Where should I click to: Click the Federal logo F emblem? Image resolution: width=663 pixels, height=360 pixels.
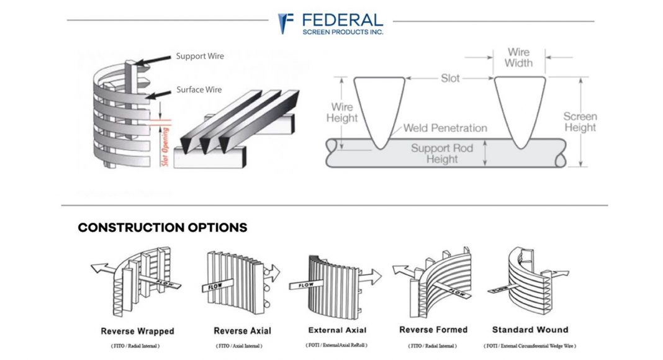point(286,23)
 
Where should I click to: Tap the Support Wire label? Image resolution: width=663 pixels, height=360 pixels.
point(200,56)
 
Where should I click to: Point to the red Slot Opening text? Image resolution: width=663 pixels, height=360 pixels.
point(165,146)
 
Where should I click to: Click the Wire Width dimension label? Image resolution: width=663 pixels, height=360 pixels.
point(518,58)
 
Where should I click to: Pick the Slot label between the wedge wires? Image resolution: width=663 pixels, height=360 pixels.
point(450,78)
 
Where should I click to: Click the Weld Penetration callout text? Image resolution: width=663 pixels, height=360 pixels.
point(445,128)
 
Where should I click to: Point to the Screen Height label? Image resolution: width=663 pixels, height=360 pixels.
point(580,122)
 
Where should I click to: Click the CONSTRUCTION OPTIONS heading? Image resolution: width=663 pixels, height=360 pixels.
point(163,228)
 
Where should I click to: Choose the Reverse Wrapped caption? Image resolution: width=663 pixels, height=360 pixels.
point(138,331)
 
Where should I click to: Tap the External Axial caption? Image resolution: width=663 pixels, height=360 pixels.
point(338,330)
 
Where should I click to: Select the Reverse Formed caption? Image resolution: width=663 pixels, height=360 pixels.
point(433,330)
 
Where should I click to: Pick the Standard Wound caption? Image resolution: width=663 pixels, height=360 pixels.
point(530,330)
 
